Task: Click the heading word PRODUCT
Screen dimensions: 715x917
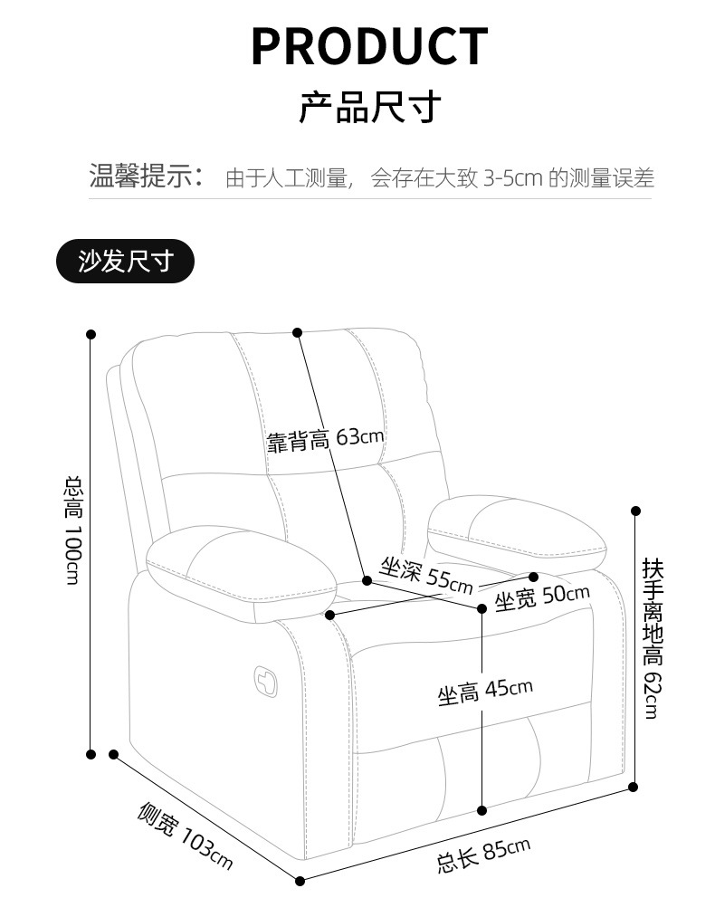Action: (369, 46)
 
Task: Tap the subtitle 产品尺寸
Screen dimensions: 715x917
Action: (369, 107)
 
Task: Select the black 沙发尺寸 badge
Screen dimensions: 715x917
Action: (125, 262)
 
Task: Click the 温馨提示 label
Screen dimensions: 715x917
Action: (147, 176)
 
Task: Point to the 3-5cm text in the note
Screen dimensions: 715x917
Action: (512, 177)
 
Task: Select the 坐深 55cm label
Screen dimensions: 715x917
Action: (425, 574)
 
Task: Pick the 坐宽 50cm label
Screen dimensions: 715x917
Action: (541, 597)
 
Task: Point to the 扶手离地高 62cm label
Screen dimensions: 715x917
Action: (653, 638)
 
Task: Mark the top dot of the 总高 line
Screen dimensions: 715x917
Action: (91, 334)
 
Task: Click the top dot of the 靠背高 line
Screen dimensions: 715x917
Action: (297, 332)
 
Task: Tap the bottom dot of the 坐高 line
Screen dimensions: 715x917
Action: (482, 809)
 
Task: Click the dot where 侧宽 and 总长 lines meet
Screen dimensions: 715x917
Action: (300, 879)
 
